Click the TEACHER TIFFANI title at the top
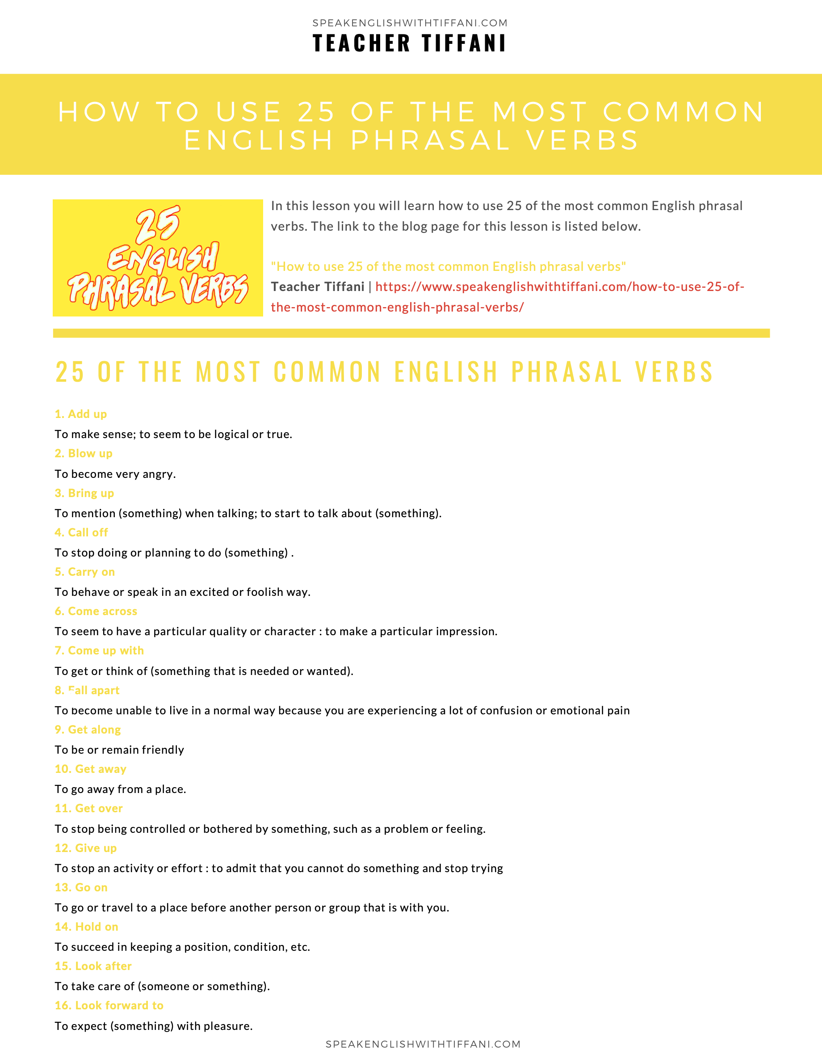pos(410,43)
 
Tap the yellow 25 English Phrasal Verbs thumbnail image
pos(158,257)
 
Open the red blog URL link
pos(559,287)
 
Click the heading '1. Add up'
pos(81,414)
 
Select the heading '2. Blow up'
pos(84,453)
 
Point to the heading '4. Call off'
pos(81,532)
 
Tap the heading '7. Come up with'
pos(99,650)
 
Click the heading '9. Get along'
pos(88,729)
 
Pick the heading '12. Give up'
pos(86,848)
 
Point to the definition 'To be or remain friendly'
pos(119,750)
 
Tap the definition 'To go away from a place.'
pos(120,789)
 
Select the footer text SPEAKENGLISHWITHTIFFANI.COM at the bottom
pos(423,1044)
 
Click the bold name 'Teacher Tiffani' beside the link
pos(318,287)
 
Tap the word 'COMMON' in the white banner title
pos(684,111)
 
